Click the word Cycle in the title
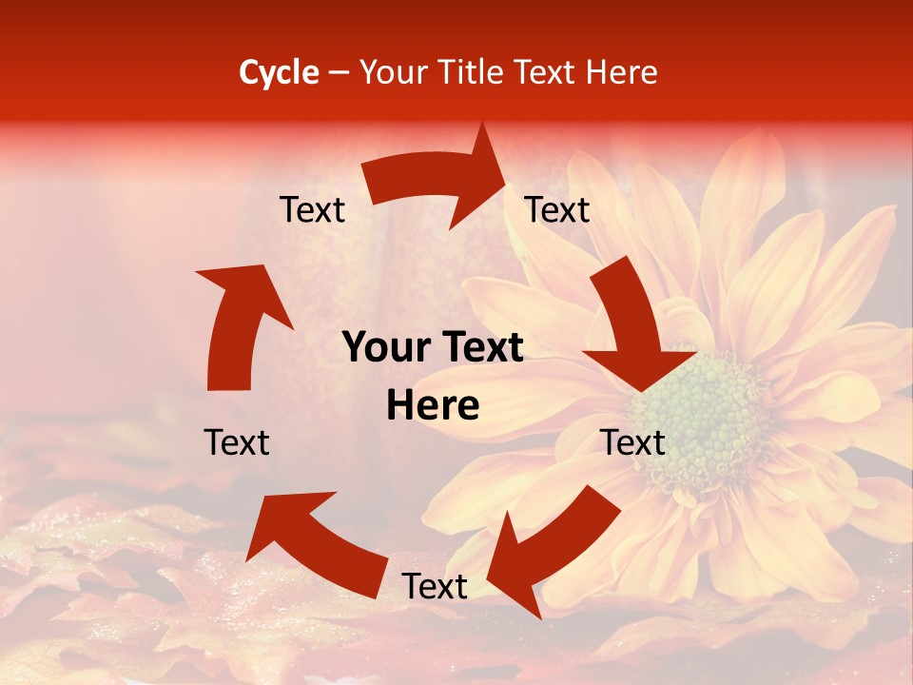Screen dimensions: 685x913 (x=279, y=72)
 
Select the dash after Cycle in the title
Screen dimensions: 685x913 (x=338, y=72)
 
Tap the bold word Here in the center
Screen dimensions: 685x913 (x=433, y=406)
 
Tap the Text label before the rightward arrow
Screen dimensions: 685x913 (x=312, y=210)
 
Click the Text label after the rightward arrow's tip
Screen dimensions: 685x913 (x=557, y=210)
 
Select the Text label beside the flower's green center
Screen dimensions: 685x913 (x=632, y=442)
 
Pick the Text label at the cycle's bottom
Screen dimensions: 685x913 (x=434, y=586)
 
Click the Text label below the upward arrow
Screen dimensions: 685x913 (x=237, y=442)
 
